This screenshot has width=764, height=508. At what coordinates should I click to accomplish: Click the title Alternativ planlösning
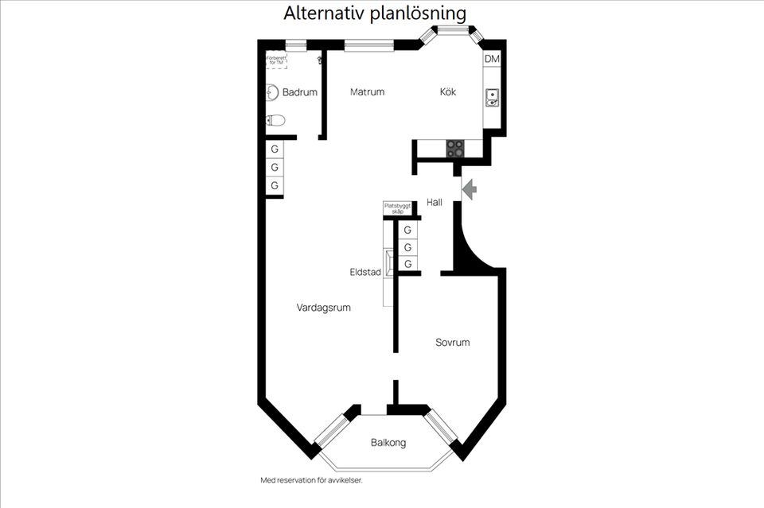[x=375, y=14]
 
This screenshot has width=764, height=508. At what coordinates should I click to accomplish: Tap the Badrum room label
[x=300, y=92]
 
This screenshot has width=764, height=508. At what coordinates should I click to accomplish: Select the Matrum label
[x=367, y=91]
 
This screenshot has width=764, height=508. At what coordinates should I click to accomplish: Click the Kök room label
[x=448, y=91]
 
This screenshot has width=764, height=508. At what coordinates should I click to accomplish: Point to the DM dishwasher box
[x=492, y=60]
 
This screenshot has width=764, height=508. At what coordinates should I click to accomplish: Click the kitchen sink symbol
[x=493, y=98]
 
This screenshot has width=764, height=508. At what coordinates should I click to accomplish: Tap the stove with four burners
[x=455, y=148]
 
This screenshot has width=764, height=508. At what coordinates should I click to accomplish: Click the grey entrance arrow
[x=469, y=189]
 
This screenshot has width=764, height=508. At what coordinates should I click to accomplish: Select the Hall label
[x=435, y=203]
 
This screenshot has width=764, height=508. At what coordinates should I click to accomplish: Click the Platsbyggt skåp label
[x=397, y=208]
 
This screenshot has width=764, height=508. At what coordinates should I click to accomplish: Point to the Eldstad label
[x=365, y=272]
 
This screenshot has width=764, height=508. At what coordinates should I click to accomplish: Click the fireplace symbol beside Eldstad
[x=388, y=263]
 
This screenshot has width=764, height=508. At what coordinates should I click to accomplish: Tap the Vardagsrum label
[x=324, y=308]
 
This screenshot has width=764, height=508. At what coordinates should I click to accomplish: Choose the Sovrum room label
[x=452, y=343]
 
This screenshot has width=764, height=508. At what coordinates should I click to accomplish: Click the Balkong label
[x=388, y=443]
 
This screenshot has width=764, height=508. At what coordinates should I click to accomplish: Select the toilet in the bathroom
[x=275, y=121]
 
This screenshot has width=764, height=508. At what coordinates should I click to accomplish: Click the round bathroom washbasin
[x=272, y=92]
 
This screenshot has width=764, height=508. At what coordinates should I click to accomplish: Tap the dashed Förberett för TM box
[x=276, y=60]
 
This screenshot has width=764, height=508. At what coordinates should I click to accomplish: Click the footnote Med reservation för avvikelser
[x=317, y=480]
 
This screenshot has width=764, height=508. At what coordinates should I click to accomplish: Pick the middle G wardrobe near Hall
[x=407, y=247]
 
